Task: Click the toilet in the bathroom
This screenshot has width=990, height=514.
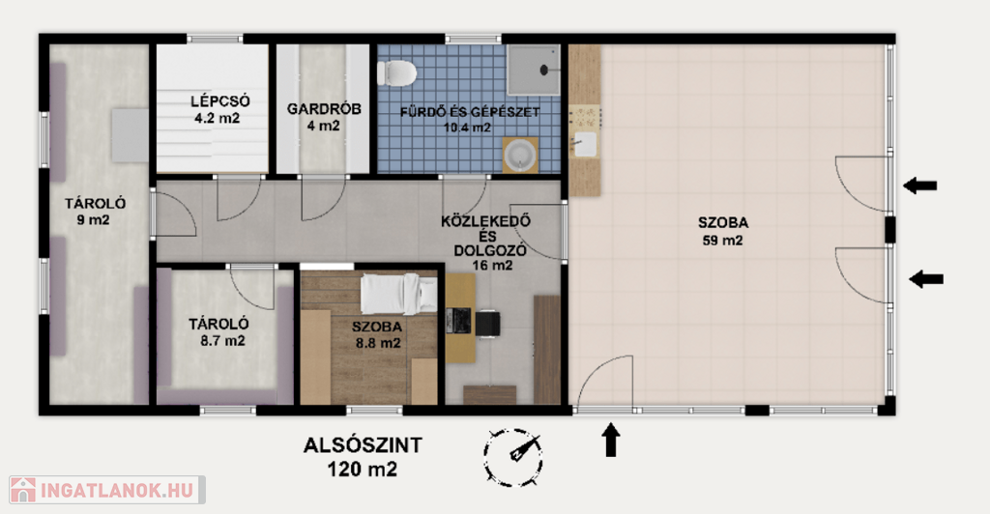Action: [396, 72]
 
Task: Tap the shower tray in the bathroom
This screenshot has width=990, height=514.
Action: [534, 70]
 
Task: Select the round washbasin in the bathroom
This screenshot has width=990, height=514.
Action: [520, 156]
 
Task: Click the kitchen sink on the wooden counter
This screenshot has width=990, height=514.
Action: [585, 144]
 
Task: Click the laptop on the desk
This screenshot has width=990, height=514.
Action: [457, 321]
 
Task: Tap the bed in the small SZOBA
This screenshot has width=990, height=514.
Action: [398, 294]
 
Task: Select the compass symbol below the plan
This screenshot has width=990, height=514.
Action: [512, 457]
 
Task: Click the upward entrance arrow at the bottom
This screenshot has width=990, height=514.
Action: [610, 440]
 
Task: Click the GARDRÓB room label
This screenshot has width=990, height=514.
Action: [324, 109]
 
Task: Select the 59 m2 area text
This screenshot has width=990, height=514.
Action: [723, 241]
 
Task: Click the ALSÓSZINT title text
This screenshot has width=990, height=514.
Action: [363, 445]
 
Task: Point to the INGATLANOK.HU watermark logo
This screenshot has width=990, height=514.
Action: [107, 490]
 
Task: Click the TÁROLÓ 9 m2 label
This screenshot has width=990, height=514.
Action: [95, 212]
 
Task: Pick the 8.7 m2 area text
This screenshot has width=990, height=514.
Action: [218, 341]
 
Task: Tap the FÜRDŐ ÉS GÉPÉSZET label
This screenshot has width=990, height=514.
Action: [470, 112]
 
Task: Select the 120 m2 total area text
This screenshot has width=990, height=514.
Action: [363, 470]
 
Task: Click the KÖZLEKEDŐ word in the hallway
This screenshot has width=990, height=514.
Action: [485, 221]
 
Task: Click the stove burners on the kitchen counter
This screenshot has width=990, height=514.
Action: [585, 117]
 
